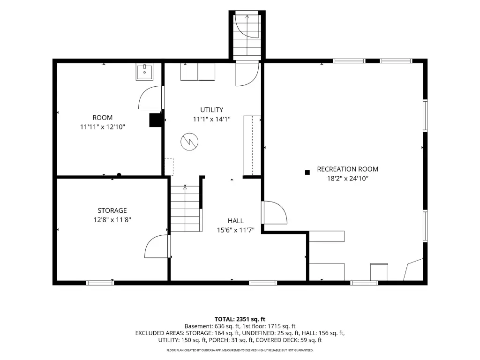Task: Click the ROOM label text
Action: pos(103,118)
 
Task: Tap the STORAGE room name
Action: pos(112,210)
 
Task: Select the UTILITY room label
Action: pos(211,110)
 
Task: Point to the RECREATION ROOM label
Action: pos(347,169)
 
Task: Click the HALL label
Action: pos(235,221)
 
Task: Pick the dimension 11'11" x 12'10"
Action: pos(103,127)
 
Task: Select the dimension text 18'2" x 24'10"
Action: pos(347,179)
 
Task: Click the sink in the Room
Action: pos(144,72)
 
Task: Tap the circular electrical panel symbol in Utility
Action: pos(189,142)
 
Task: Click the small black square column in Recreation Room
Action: pos(307,172)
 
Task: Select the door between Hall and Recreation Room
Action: pos(274,212)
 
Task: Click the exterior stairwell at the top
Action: pos(247,35)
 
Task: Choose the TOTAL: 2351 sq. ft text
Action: pos(240,319)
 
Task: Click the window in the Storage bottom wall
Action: pos(100,283)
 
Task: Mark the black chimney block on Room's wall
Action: pos(156,120)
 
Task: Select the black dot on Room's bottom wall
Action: pos(119,175)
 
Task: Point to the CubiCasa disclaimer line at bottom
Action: pos(240,350)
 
